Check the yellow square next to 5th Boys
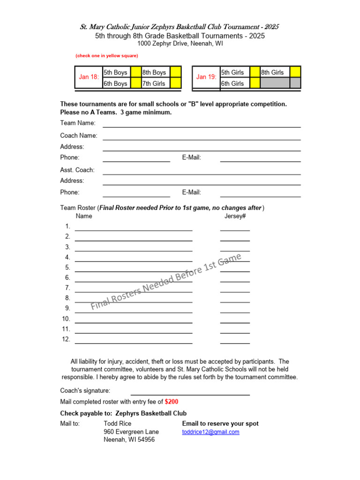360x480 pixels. tap(136, 72)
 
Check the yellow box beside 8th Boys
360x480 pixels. tap(175, 72)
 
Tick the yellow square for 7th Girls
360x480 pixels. tap(175, 83)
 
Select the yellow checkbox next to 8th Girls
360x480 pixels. tap(295, 72)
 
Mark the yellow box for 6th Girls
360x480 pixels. tap(255, 83)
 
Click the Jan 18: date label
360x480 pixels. tap(89, 77)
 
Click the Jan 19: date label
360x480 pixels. tap(206, 77)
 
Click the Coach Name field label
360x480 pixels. tap(79, 135)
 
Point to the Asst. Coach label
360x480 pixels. tap(77, 170)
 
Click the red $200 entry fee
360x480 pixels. tap(172, 402)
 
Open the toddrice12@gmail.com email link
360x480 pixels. tap(210, 432)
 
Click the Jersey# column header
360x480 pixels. tap(235, 216)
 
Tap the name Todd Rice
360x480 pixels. tap(118, 424)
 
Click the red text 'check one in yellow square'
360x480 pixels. tap(107, 56)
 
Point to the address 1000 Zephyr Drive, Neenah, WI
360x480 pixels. tap(180, 44)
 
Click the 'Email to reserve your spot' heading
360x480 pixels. tap(220, 424)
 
